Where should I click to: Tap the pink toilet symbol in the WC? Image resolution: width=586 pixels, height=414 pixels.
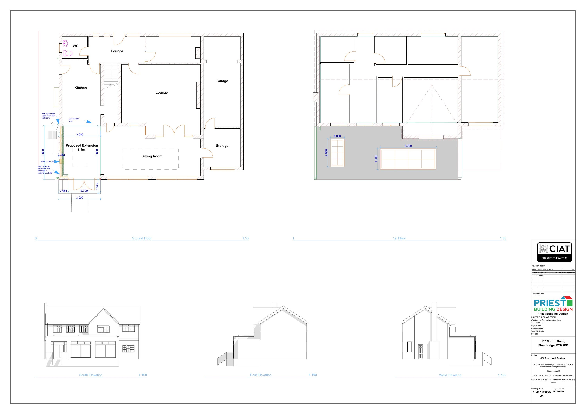tap(68, 54)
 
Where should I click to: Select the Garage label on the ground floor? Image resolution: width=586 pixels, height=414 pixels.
tap(222, 81)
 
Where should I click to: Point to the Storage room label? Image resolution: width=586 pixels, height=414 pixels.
tap(222, 146)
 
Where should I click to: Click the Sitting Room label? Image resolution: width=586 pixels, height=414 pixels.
tap(152, 156)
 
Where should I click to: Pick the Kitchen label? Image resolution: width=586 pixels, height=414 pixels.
tap(80, 88)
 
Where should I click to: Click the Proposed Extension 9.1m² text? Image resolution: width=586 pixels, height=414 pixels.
tap(82, 147)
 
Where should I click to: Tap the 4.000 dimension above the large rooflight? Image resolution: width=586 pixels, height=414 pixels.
tap(408, 146)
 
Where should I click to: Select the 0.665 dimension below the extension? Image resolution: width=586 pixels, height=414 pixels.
tap(63, 191)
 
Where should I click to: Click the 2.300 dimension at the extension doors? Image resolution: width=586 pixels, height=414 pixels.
tap(84, 191)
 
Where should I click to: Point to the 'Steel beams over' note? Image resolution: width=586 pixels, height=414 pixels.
tap(74, 120)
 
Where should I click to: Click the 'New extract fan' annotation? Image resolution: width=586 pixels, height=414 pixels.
tap(48, 162)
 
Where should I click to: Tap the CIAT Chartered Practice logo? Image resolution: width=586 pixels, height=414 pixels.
tap(554, 252)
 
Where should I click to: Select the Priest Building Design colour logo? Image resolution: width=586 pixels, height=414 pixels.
tap(553, 304)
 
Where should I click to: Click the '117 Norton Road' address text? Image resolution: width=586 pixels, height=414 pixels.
tap(553, 341)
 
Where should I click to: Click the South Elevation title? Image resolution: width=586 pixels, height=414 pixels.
tap(91, 375)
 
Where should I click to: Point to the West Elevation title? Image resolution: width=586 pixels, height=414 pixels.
tap(450, 375)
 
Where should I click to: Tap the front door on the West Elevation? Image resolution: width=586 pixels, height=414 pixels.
tap(421, 352)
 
